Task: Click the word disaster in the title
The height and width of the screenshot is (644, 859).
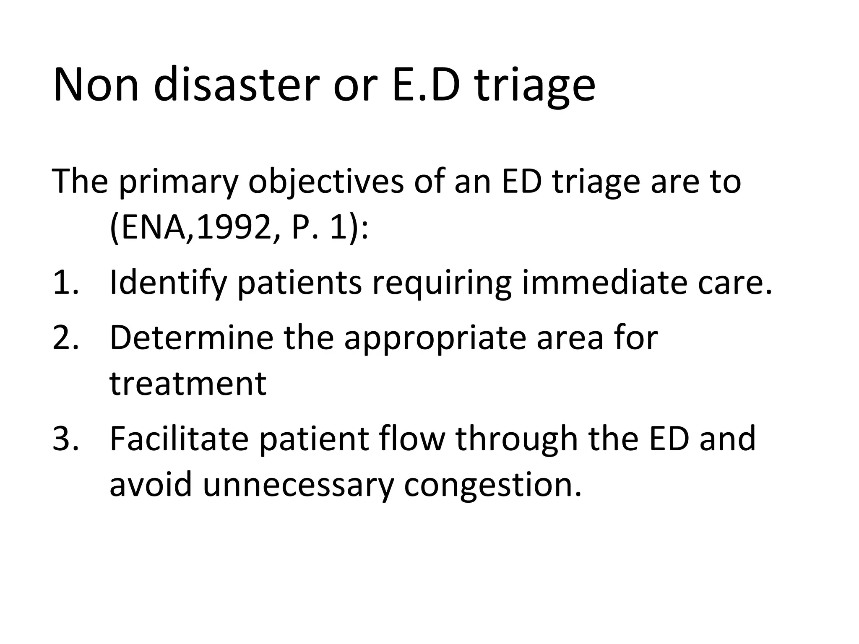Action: coord(234,86)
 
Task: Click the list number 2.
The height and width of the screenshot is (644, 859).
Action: coord(66,338)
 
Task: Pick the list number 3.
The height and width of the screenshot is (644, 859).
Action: coord(66,439)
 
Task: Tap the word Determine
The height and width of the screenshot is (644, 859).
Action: coord(191,338)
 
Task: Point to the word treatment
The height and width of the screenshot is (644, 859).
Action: coord(188,384)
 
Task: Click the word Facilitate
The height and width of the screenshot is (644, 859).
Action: coord(179,439)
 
